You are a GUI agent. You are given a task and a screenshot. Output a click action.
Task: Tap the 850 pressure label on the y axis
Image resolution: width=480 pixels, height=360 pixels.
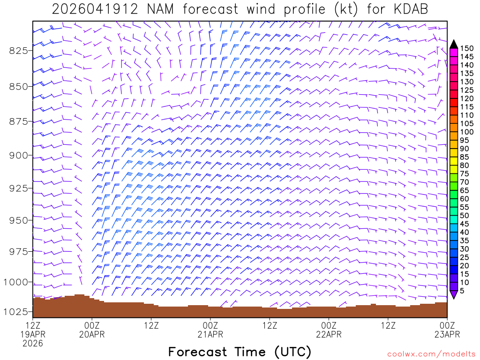coord(19,86)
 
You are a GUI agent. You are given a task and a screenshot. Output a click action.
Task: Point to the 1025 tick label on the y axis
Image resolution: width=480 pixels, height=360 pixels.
coord(16,312)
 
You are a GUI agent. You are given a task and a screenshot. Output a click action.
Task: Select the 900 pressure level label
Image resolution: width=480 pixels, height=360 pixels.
coord(19,155)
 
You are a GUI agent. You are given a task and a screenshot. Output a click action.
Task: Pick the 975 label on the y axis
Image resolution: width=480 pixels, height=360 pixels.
coord(19,252)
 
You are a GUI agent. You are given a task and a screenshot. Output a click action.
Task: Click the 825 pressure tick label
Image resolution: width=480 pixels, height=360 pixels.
coord(19,51)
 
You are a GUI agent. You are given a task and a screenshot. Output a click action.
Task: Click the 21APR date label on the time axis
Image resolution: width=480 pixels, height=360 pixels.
coord(210,334)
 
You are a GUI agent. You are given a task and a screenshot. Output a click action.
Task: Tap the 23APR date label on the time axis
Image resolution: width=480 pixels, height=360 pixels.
coord(447,334)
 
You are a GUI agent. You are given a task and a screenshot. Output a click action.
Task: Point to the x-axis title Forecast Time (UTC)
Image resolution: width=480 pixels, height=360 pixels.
coord(240,352)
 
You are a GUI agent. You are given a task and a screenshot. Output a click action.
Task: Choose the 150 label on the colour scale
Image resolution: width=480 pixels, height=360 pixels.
coord(467,48)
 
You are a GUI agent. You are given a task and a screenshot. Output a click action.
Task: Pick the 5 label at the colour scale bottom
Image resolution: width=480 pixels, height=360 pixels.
coord(462,291)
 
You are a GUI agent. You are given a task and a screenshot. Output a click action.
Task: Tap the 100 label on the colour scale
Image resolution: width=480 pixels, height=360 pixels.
coord(467,132)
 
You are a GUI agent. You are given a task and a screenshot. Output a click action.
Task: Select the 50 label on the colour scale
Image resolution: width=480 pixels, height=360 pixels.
coord(465,215)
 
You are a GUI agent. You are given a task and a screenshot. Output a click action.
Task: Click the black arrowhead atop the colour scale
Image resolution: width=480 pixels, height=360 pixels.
coord(454,44)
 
